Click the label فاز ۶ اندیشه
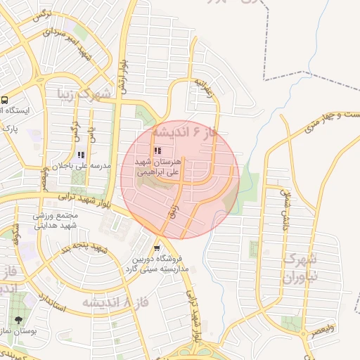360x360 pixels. click(181, 133)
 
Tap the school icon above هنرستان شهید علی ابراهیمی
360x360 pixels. click(157, 150)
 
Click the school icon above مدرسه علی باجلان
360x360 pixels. click(81, 154)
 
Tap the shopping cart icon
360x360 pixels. click(157, 247)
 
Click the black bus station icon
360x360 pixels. click(5, 100)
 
